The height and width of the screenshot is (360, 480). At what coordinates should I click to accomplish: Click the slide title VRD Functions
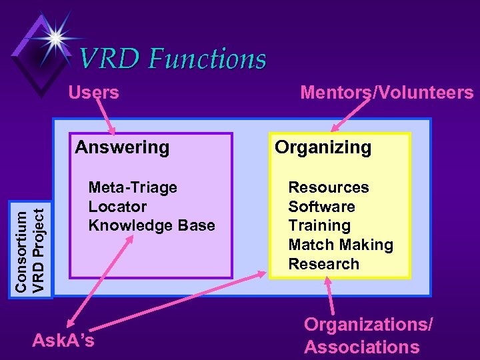point(173,59)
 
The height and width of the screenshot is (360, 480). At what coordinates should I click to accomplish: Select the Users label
point(93,92)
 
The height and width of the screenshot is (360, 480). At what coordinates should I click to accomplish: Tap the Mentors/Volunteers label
point(387,92)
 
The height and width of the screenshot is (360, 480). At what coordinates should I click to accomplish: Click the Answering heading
point(122,147)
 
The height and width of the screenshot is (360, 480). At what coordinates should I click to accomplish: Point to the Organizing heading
point(323,147)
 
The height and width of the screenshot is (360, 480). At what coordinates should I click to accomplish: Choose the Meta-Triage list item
point(133,187)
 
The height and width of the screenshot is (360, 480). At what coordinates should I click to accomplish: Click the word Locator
point(117,207)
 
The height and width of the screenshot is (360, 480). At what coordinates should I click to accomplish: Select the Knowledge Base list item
point(152,225)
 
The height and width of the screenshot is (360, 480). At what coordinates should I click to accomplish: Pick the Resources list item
point(328,187)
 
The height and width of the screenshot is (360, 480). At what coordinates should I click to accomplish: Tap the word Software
point(321,207)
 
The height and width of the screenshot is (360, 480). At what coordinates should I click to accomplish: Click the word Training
point(319,225)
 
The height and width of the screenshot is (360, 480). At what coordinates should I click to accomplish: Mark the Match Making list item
point(341,245)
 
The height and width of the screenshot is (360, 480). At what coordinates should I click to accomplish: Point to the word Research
point(323,264)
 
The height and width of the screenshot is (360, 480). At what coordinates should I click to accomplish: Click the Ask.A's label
point(63,341)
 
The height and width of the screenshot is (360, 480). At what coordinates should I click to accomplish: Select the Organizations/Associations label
point(368,335)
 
